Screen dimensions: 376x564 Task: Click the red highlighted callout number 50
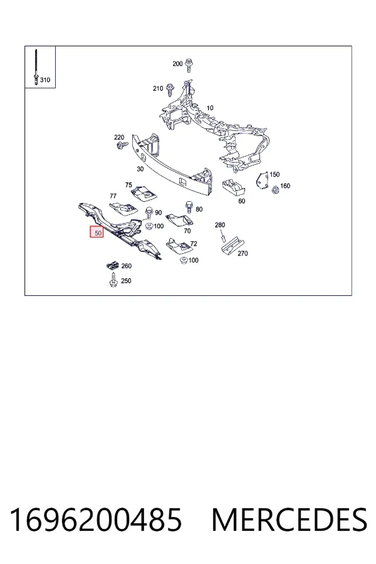click(x=97, y=232)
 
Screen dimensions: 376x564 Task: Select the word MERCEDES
click(x=290, y=520)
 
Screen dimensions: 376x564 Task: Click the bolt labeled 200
click(x=189, y=65)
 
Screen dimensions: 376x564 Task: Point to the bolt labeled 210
click(x=170, y=90)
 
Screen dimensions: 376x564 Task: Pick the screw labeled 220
click(x=121, y=145)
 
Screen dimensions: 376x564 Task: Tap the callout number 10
click(x=210, y=108)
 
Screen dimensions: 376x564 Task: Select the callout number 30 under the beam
click(x=140, y=169)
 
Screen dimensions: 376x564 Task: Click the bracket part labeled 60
click(x=234, y=187)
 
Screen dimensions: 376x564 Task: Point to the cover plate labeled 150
click(x=263, y=180)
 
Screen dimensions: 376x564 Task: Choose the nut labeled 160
click(x=275, y=189)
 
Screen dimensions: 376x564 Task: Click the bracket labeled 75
click(x=144, y=192)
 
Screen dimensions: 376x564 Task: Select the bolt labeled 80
click(x=188, y=208)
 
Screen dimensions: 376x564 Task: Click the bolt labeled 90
click(x=149, y=214)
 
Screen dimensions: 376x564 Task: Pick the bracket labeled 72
click(x=178, y=246)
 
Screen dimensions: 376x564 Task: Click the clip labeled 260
click(x=113, y=266)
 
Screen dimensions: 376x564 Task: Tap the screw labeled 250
click(x=113, y=280)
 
